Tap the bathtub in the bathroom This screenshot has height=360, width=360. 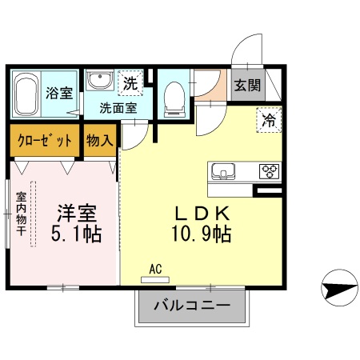(x=28, y=94)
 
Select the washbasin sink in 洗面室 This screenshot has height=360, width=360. (x=99, y=81)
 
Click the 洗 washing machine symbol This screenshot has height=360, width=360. (x=129, y=82)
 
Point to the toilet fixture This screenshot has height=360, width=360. (x=174, y=97)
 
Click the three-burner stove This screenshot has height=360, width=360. (x=266, y=171)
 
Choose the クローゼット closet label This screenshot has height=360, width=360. (x=45, y=139)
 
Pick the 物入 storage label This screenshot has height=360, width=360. (x=100, y=139)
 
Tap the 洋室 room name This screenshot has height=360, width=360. (x=76, y=214)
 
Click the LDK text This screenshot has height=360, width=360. (x=203, y=214)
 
